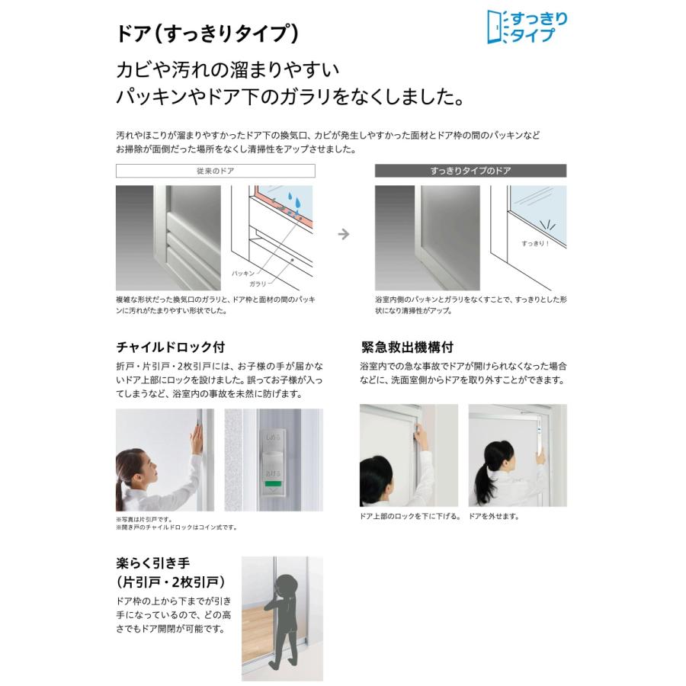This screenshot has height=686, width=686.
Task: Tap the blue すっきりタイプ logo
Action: pyautogui.click(x=527, y=27)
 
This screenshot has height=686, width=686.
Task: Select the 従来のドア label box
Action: pyautogui.click(x=215, y=171)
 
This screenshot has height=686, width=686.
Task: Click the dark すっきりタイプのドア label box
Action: pyautogui.click(x=470, y=171)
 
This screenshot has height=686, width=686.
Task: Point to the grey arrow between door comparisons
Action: pyautogui.click(x=344, y=234)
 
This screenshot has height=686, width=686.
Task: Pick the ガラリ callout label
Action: pyautogui.click(x=258, y=283)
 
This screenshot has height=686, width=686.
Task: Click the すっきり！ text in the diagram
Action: pyautogui.click(x=534, y=243)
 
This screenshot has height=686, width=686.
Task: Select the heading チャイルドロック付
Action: pyautogui.click(x=170, y=347)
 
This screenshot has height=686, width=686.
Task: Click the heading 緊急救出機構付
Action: pyautogui.click(x=407, y=347)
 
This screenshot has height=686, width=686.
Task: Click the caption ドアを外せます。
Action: pyautogui.click(x=494, y=516)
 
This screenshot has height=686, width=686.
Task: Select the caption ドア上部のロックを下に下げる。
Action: pyautogui.click(x=410, y=516)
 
